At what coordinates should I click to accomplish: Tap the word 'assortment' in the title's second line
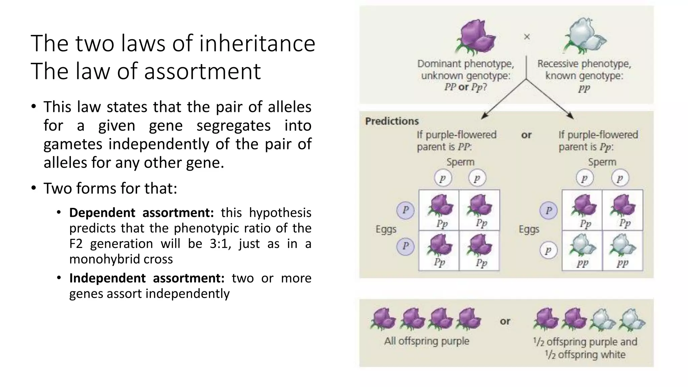pos(202,72)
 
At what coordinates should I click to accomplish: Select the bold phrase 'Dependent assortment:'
pos(141,213)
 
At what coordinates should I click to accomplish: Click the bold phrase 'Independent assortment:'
pos(146,278)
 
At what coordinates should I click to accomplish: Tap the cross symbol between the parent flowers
pos(527,37)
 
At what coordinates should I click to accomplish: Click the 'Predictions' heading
pos(392,121)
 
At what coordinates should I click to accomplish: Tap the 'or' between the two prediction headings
pos(526,135)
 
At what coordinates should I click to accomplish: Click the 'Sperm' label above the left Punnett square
pos(460,162)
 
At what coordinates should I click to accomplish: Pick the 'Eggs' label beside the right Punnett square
pos(529,229)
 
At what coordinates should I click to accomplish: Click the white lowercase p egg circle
pos(548,250)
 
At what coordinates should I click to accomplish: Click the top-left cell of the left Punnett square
pos(439,210)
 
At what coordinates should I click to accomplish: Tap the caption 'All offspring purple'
pos(427,341)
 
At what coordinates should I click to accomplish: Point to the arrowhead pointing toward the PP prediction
pos(484,116)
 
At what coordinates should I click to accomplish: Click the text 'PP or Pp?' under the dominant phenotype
pos(465,87)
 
